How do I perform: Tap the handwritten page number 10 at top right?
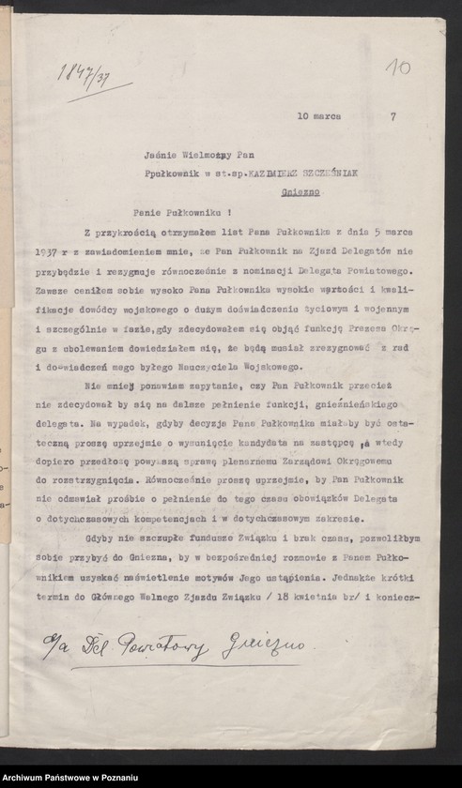pyautogui.click(x=398, y=68)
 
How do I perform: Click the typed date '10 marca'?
pyautogui.click(x=318, y=116)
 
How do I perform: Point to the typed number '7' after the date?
pyautogui.click(x=392, y=116)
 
